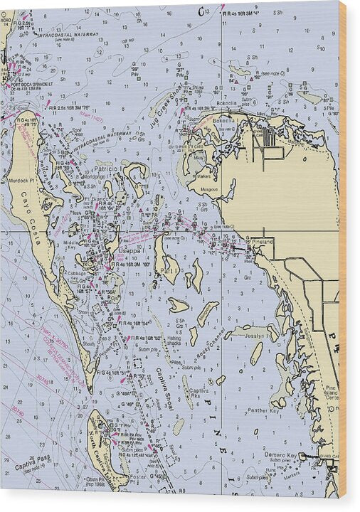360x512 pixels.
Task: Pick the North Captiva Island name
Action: tap(99, 444)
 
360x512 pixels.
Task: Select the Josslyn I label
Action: tap(255, 335)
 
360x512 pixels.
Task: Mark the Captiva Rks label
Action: tap(198, 391)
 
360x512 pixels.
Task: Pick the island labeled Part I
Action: tap(168, 271)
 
